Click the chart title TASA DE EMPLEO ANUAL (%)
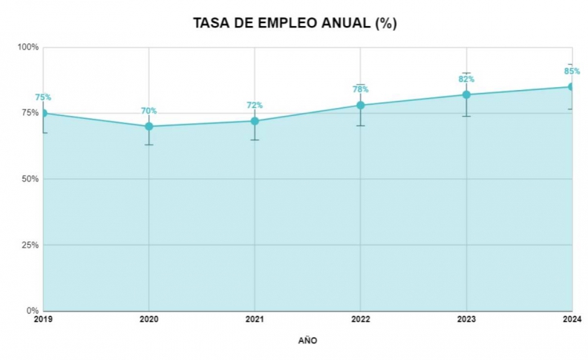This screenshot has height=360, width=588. (x=295, y=23)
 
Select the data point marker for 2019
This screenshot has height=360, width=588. (x=43, y=113)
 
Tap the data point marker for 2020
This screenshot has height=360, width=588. (x=149, y=126)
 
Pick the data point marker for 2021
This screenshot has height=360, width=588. (x=255, y=121)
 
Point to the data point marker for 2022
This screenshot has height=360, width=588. (x=361, y=105)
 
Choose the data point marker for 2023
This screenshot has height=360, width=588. (x=467, y=94)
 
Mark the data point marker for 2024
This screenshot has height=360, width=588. (x=572, y=86)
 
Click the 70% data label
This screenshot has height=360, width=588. (x=149, y=111)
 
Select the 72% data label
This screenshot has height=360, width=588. (x=255, y=105)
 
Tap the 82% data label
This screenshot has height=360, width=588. (x=467, y=79)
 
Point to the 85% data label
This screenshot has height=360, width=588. (x=571, y=71)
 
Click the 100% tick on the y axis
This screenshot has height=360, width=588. (x=29, y=48)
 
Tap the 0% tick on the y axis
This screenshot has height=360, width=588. (x=33, y=311)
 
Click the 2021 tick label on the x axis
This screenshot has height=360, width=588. (x=255, y=318)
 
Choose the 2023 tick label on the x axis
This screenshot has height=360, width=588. (x=467, y=318)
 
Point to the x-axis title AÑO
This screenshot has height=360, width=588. (x=307, y=340)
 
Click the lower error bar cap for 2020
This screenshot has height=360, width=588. (x=149, y=145)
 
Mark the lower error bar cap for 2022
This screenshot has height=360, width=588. (x=361, y=126)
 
